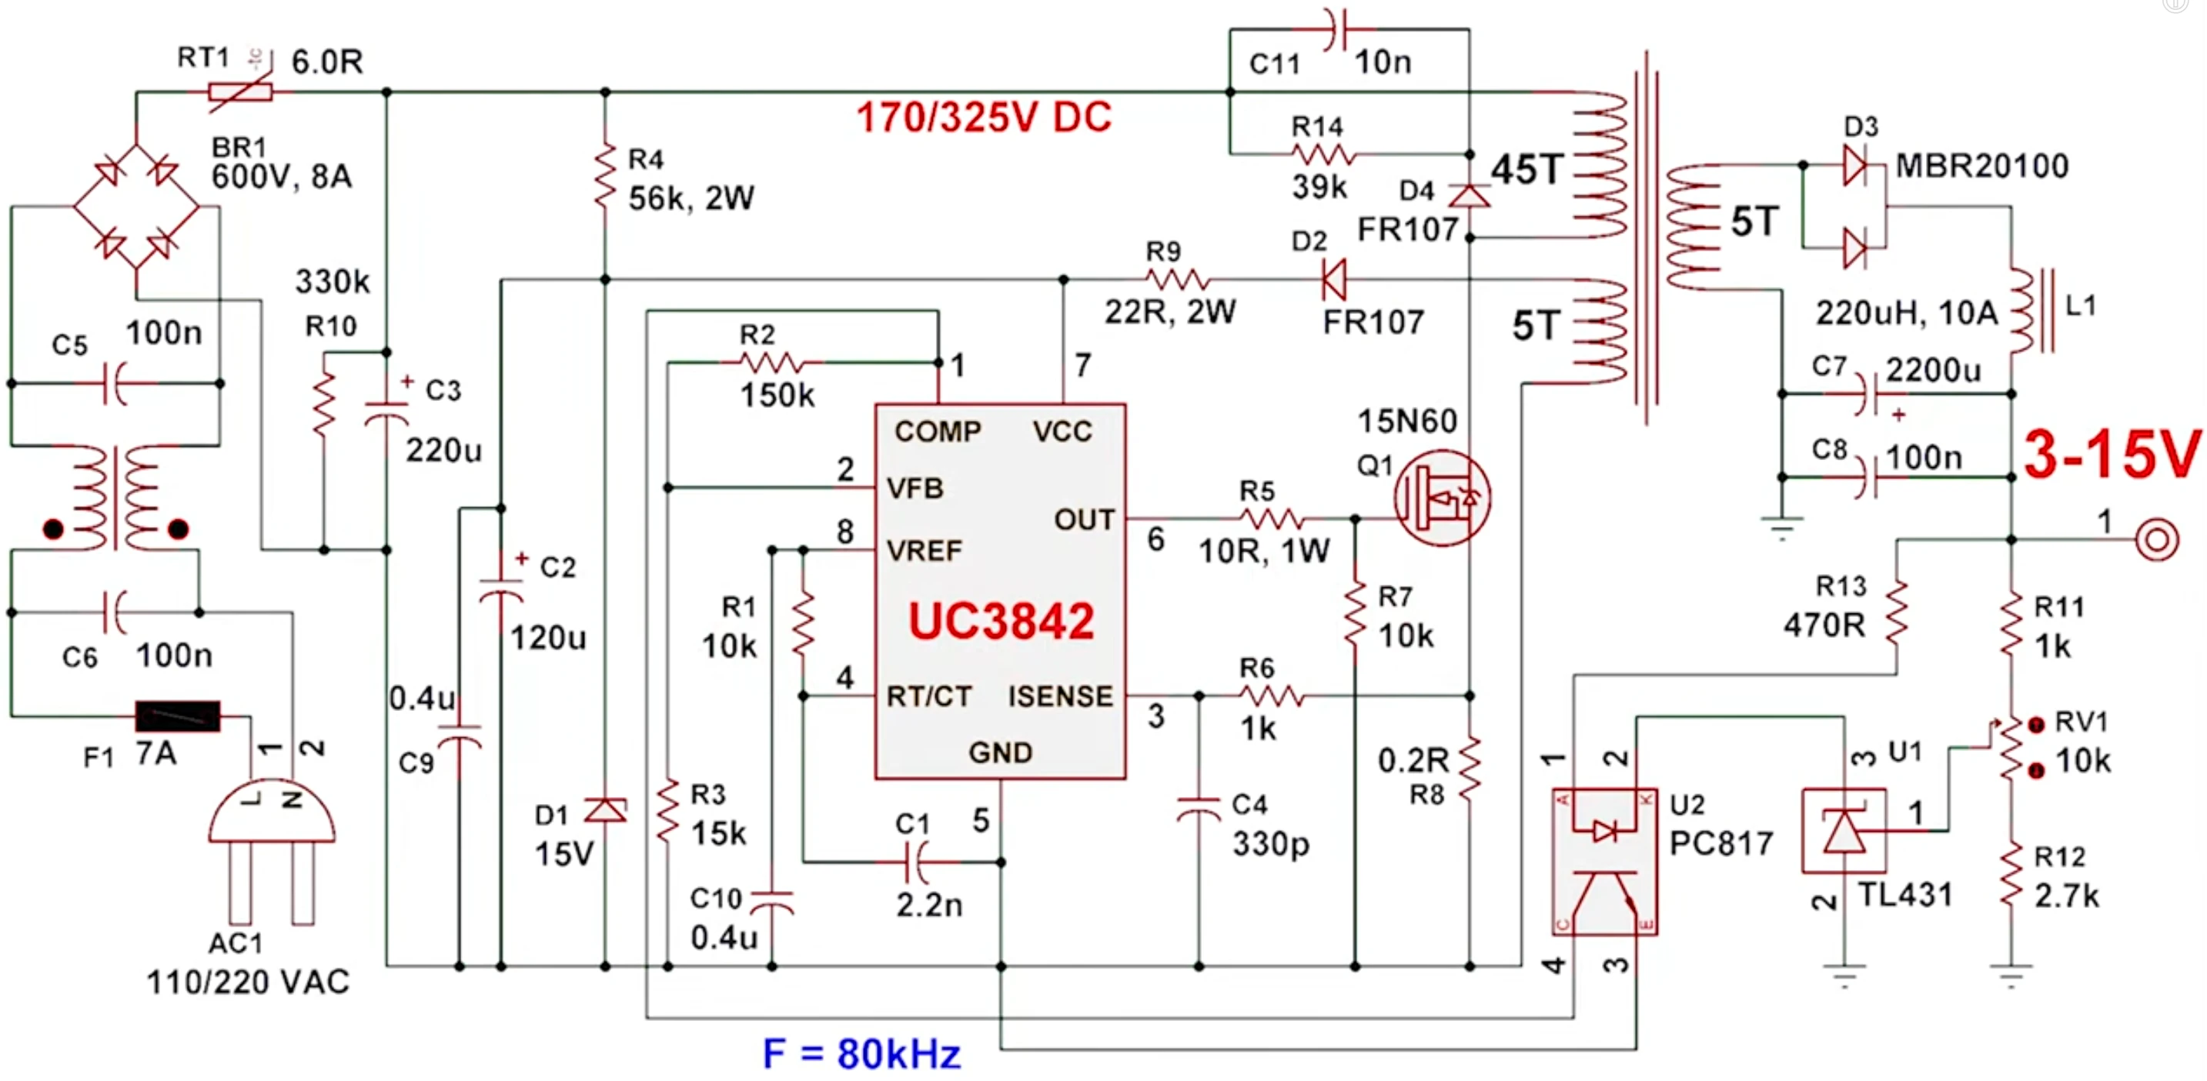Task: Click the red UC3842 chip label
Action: point(1001,621)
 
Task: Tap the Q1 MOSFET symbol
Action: point(1442,499)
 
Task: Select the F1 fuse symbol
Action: point(177,716)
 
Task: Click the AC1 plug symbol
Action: point(272,848)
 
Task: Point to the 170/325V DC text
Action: point(984,118)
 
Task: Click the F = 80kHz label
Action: point(861,1053)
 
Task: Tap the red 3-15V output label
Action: point(2110,454)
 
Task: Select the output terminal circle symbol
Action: point(2156,539)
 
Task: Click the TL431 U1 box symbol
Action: point(1844,831)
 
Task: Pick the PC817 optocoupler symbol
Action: point(1603,861)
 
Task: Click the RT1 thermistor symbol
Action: point(241,91)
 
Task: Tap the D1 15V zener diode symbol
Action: point(605,809)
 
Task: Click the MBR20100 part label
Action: point(1981,165)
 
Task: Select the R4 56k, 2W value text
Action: point(691,199)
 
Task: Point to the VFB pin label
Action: point(915,489)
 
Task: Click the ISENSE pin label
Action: point(1061,696)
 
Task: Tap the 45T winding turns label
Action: point(1527,169)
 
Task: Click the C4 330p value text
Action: point(1271,844)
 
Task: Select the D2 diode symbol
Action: point(1333,279)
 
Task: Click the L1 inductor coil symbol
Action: point(2021,311)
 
